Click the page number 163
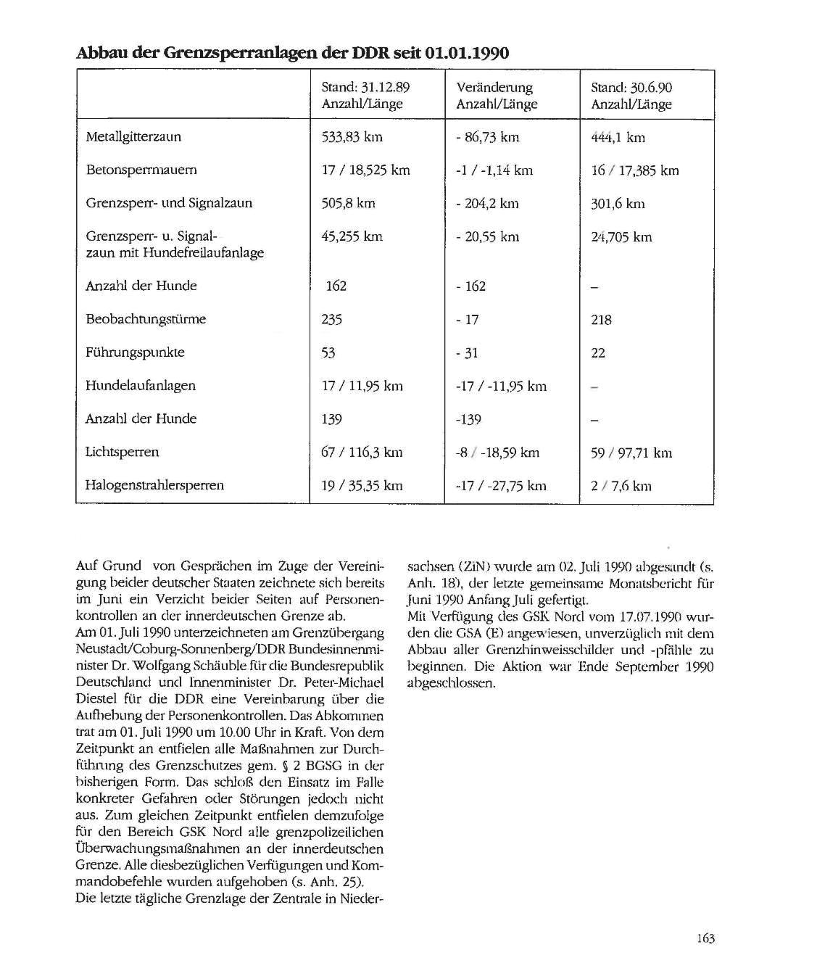705,938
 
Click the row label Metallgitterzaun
133,136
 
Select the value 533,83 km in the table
352,136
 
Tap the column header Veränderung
494,88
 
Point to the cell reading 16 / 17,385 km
635,170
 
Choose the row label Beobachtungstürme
146,319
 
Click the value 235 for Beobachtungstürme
332,319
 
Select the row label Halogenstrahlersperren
154,485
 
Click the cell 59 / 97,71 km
631,453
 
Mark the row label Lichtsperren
122,452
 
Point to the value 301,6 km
618,204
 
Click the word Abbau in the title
97,53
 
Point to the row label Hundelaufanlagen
141,385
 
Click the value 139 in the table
332,419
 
